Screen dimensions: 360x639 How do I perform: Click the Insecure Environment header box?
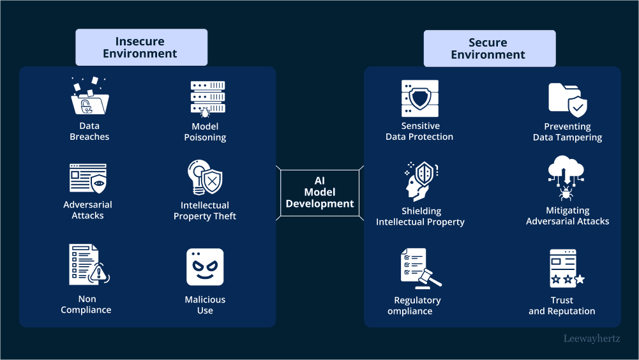click(140, 48)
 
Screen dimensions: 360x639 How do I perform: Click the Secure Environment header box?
click(488, 49)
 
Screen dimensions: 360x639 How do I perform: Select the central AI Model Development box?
click(320, 192)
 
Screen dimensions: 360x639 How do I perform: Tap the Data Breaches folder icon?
click(89, 96)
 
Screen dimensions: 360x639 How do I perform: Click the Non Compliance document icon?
click(88, 264)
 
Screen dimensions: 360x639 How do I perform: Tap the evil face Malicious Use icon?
click(205, 267)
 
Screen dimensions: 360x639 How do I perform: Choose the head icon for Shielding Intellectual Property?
click(420, 181)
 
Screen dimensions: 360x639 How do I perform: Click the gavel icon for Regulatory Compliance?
click(420, 268)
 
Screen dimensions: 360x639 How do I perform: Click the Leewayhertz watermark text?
click(591, 339)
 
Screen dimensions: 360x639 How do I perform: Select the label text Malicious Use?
click(205, 305)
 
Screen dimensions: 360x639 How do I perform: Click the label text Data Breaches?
click(89, 131)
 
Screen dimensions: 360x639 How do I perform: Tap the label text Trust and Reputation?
click(562, 306)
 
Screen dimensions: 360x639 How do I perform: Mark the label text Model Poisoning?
click(205, 131)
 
